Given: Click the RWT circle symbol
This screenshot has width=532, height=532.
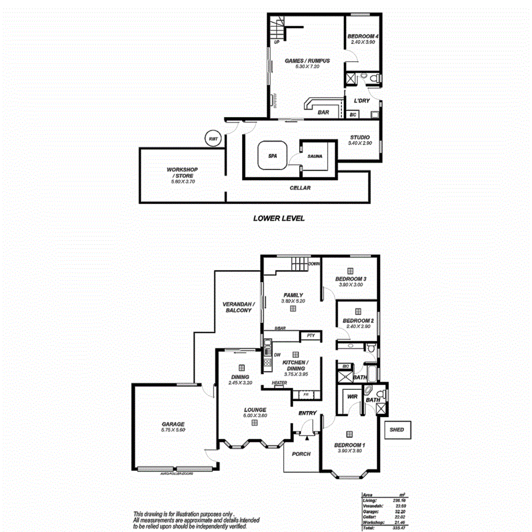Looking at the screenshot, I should (x=213, y=138).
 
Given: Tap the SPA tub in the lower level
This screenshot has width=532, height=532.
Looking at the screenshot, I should (x=272, y=155).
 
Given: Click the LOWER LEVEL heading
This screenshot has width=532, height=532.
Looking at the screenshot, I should (x=279, y=218).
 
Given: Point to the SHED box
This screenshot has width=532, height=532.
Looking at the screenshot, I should (x=397, y=430).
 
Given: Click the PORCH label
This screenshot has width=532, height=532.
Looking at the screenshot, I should (x=301, y=454).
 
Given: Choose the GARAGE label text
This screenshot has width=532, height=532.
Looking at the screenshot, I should (x=173, y=424).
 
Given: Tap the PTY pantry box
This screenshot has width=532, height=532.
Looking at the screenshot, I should (x=311, y=336).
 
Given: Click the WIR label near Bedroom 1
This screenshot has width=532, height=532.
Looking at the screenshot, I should (x=352, y=396).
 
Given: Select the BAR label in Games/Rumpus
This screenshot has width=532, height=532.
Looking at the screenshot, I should (x=323, y=112).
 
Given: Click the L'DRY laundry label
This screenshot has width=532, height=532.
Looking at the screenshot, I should (x=362, y=101).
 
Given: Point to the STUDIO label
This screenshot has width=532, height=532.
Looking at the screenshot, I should (x=360, y=137).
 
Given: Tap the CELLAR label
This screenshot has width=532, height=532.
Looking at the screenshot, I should (x=300, y=188).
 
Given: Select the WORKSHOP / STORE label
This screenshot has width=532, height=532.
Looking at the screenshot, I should (x=180, y=173).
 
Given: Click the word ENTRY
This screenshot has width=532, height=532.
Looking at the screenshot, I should (x=307, y=413).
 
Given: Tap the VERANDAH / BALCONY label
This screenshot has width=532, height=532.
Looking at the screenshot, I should (x=237, y=307).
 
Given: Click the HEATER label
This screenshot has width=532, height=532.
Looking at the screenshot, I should (x=279, y=383).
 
